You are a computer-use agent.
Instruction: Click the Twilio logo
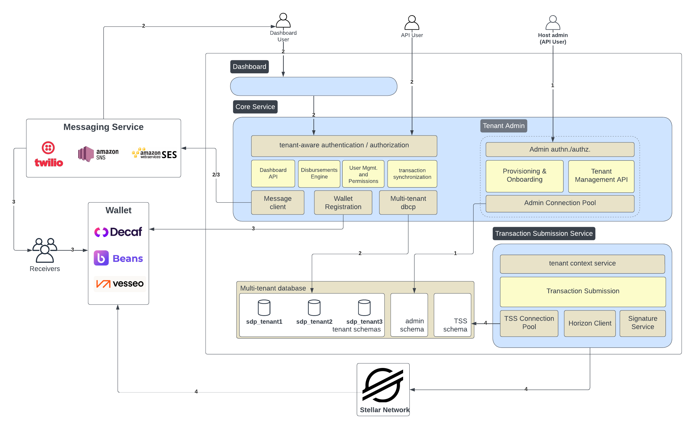(49, 154)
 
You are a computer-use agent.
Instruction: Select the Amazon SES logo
(154, 153)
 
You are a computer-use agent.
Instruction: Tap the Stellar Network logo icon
(383, 385)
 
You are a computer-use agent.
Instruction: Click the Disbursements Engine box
(319, 174)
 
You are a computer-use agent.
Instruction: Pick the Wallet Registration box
(343, 203)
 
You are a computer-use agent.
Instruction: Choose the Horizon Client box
(590, 323)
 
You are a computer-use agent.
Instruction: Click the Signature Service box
(642, 323)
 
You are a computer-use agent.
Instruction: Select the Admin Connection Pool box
(560, 203)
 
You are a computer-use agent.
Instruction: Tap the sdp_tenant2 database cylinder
(314, 308)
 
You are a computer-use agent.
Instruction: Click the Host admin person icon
(553, 23)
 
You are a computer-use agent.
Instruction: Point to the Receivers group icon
(45, 250)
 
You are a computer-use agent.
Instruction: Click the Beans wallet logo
(118, 258)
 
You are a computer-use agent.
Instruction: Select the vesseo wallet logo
(120, 283)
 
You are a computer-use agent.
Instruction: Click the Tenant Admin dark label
(503, 126)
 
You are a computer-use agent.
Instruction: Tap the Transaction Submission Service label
(543, 234)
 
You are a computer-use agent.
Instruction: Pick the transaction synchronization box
(412, 174)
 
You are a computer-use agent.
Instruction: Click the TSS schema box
(452, 315)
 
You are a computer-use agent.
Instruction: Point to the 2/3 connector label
(216, 175)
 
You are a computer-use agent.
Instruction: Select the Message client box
(277, 203)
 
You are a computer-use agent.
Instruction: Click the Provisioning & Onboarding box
(524, 176)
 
